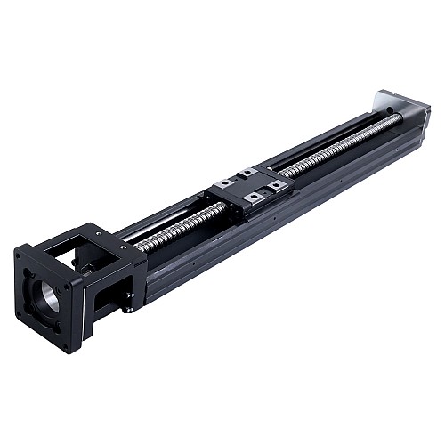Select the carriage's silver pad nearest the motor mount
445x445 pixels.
[x=224, y=183]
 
